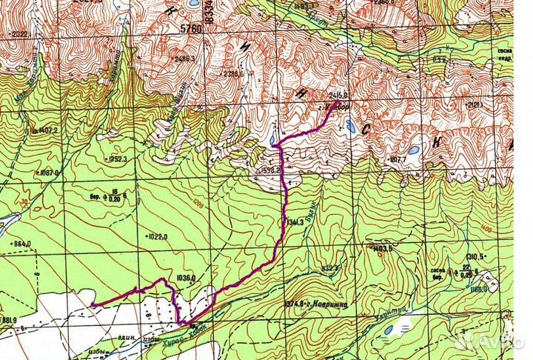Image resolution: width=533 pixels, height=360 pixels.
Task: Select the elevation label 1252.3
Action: pyautogui.click(x=118, y=159)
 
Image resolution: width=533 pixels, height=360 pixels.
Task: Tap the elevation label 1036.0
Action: pyautogui.click(x=185, y=278)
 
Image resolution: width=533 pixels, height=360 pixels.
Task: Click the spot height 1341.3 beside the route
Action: pyautogui.click(x=295, y=221)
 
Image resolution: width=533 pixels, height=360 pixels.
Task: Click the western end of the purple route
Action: pyautogui.click(x=93, y=304)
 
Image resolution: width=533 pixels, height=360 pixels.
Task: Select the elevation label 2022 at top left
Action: pyautogui.click(x=19, y=33)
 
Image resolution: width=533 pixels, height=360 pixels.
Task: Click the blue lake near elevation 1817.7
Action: pyautogui.click(x=412, y=150)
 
